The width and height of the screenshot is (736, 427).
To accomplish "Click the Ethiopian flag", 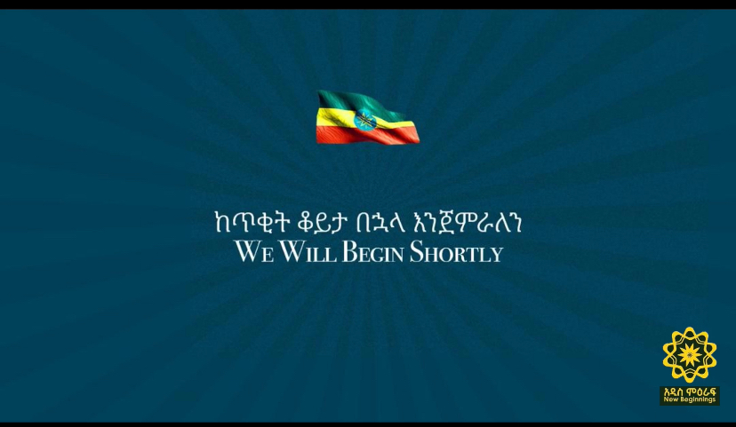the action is [x=367, y=117].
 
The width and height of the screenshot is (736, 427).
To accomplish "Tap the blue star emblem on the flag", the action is [x=365, y=121].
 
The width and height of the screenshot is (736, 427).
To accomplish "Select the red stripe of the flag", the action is [x=367, y=135].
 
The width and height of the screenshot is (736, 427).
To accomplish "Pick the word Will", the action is [x=308, y=252].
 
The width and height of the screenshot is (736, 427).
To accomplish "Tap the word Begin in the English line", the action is [x=373, y=252].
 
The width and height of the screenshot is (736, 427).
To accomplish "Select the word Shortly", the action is [x=456, y=252].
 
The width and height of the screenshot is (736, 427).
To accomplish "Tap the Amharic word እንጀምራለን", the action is [x=466, y=222].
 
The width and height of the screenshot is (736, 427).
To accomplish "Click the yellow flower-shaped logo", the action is [x=690, y=355].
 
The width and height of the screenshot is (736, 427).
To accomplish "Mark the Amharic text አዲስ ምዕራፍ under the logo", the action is [x=690, y=391].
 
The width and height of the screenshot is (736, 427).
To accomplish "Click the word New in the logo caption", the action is [x=670, y=399].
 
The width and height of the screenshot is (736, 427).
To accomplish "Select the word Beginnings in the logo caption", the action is [x=698, y=400].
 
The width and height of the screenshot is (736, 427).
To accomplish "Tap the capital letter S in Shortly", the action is [x=416, y=252].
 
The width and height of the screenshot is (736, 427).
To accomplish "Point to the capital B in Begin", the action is [x=348, y=252].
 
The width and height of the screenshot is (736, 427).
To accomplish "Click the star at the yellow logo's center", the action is [x=690, y=355].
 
